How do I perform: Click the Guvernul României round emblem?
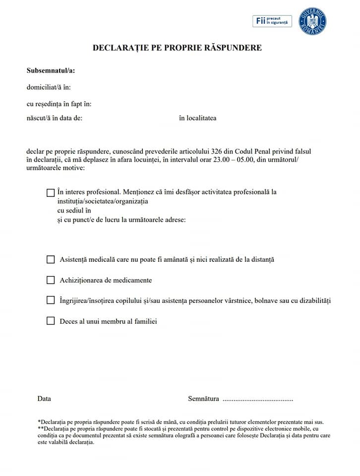click(x=313, y=21)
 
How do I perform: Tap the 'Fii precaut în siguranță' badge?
click(x=272, y=21)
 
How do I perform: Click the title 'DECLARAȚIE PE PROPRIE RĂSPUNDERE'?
click(x=177, y=48)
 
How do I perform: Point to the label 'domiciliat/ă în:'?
click(x=49, y=87)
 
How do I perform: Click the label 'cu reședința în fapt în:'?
click(x=59, y=104)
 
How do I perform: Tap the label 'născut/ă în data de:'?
click(x=55, y=118)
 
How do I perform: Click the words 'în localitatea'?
click(x=197, y=118)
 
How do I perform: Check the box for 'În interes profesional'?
click(x=51, y=193)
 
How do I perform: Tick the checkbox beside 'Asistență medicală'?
click(x=51, y=259)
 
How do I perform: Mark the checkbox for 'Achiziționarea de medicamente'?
click(x=51, y=280)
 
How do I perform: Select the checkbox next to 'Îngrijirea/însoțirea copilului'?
click(x=51, y=300)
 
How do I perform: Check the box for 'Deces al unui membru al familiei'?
click(x=51, y=321)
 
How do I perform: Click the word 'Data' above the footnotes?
click(x=44, y=399)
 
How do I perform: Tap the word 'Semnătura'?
click(x=203, y=399)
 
